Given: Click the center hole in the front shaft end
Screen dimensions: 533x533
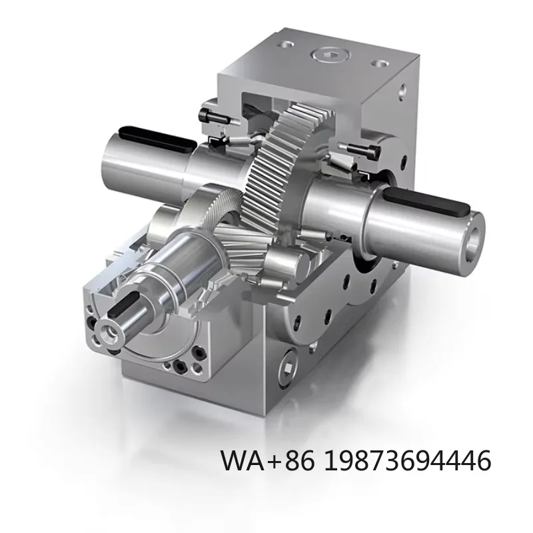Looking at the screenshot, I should coord(106,328).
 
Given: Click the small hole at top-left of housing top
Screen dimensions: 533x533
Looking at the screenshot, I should coord(286,45).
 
